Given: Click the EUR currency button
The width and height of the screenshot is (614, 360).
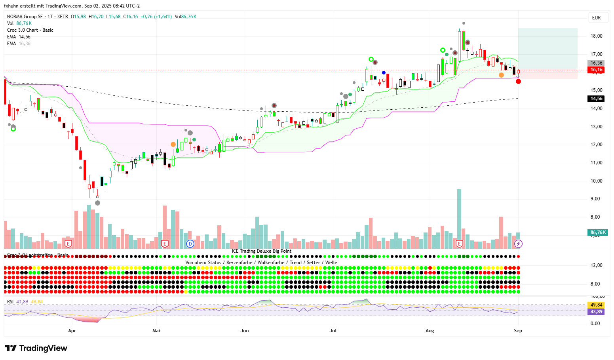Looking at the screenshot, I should tap(596, 18).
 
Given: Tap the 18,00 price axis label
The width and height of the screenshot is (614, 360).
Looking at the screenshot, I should tap(596, 36).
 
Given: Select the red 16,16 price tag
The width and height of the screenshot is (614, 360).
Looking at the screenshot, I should tap(596, 70).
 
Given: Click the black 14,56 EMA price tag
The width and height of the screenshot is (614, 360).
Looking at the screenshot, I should tap(596, 99).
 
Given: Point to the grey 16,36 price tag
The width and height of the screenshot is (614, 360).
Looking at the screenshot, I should tap(596, 63).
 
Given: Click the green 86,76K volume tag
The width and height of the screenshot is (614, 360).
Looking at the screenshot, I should tap(598, 232).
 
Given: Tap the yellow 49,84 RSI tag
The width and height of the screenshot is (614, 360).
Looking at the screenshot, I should tap(596, 305).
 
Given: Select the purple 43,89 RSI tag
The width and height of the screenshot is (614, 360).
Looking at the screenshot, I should tap(596, 312).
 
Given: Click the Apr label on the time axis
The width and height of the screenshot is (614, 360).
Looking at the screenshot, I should tap(72, 331).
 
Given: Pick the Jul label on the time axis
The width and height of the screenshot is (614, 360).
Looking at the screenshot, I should tap(333, 331).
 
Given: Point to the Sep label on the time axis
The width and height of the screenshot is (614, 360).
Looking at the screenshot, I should tap(518, 331).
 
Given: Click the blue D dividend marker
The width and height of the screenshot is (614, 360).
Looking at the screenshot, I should tap(190, 244).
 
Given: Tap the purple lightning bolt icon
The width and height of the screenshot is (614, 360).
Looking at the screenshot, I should tap(518, 244).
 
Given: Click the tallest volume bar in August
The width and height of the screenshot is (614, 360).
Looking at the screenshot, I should tap(459, 218).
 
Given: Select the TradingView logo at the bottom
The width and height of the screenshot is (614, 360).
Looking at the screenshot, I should tap(36, 348).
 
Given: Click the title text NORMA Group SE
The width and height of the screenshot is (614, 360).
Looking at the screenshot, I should tap(25, 17).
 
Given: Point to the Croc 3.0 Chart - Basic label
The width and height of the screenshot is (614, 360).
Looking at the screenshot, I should tap(30, 30).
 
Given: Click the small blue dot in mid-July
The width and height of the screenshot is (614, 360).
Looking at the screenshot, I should tap(384, 72).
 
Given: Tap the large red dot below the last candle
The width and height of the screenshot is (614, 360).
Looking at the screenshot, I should tap(518, 82).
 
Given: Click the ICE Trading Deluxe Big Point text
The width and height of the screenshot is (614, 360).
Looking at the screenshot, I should tap(261, 251).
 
